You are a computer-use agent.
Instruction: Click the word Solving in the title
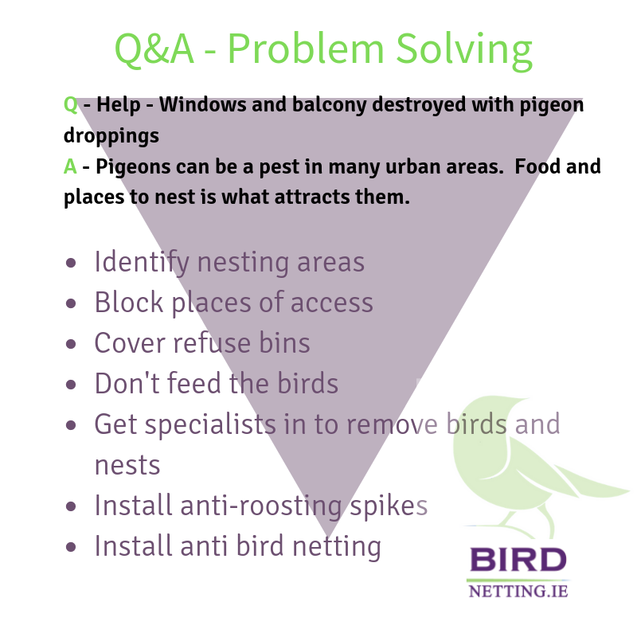click(x=464, y=50)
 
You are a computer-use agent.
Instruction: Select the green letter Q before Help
click(x=71, y=105)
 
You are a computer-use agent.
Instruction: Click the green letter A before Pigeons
click(x=70, y=166)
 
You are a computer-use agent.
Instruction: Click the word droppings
click(x=111, y=136)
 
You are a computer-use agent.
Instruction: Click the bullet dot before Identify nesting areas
click(x=71, y=263)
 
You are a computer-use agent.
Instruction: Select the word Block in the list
click(x=129, y=303)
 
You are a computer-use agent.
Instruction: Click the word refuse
click(x=211, y=343)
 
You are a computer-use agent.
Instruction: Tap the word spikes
click(x=389, y=506)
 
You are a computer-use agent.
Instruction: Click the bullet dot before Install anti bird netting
click(x=71, y=547)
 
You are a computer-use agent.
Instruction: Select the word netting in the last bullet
click(x=337, y=547)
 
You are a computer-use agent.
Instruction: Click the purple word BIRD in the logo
click(x=518, y=560)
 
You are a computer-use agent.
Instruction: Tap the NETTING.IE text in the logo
click(x=518, y=592)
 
